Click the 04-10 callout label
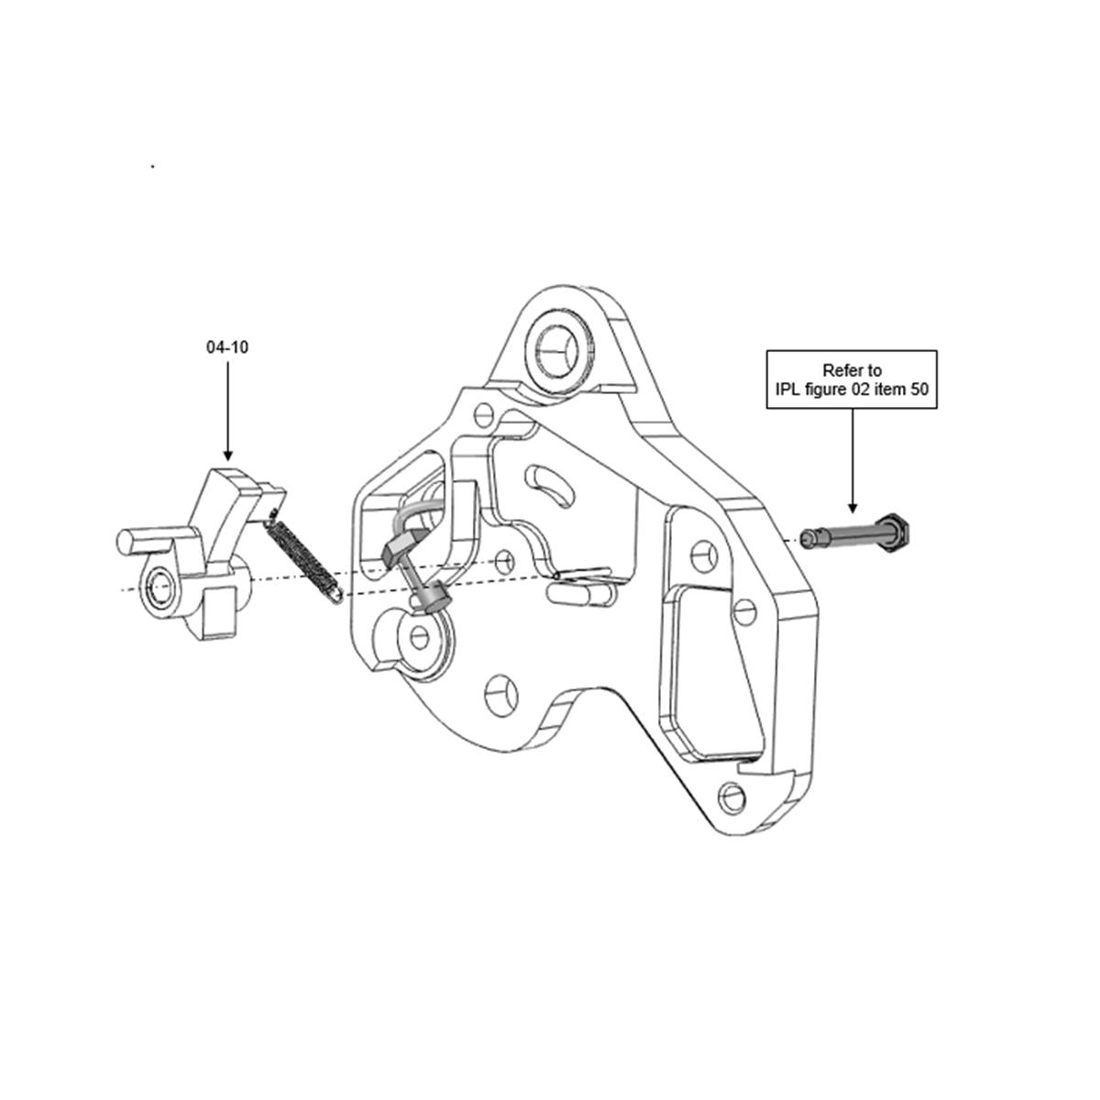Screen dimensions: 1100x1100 pyautogui.click(x=227, y=347)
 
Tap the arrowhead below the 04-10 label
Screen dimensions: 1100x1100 pyautogui.click(x=227, y=455)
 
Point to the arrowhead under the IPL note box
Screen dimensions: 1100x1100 pyautogui.click(x=852, y=508)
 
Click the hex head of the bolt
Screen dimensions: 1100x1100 pyautogui.click(x=895, y=532)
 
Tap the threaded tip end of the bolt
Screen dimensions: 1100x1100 pyautogui.click(x=808, y=538)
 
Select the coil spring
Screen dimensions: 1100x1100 pyautogui.click(x=305, y=555)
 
